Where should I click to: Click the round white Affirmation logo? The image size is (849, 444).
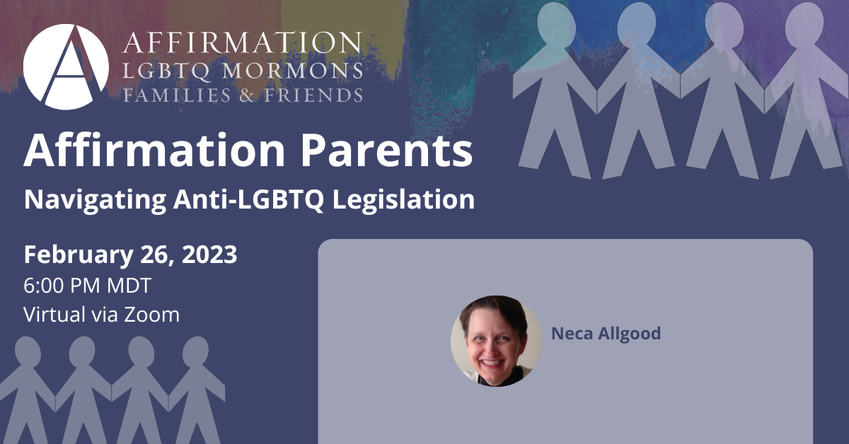point(66,67)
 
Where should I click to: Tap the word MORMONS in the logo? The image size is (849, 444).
point(292,71)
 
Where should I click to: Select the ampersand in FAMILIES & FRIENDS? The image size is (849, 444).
point(247,95)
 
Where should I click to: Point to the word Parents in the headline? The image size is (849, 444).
point(386,151)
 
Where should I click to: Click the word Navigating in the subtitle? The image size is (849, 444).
point(95,200)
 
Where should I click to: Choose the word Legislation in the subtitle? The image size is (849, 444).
point(404,200)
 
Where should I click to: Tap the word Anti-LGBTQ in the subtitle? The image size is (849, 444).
point(248,199)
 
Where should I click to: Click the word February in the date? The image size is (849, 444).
point(79,255)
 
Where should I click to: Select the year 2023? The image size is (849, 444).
point(209,255)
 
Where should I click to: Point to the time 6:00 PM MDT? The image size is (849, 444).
point(88,285)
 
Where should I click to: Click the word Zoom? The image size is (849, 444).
point(151,315)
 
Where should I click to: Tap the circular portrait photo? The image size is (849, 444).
point(496,341)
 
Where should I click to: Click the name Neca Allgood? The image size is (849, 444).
point(606,334)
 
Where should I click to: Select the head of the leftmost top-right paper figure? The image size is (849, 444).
point(556,25)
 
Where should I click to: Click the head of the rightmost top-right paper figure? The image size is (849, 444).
point(804,25)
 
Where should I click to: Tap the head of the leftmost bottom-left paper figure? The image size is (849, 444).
point(28,351)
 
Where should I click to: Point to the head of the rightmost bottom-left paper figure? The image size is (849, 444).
point(195,351)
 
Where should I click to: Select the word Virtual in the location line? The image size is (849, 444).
point(54,314)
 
